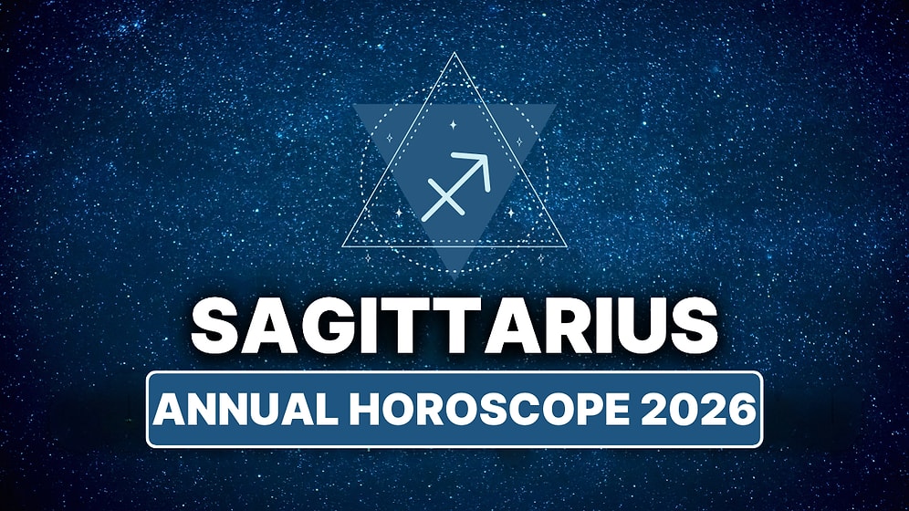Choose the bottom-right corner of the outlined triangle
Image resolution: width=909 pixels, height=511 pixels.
(565, 246)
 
